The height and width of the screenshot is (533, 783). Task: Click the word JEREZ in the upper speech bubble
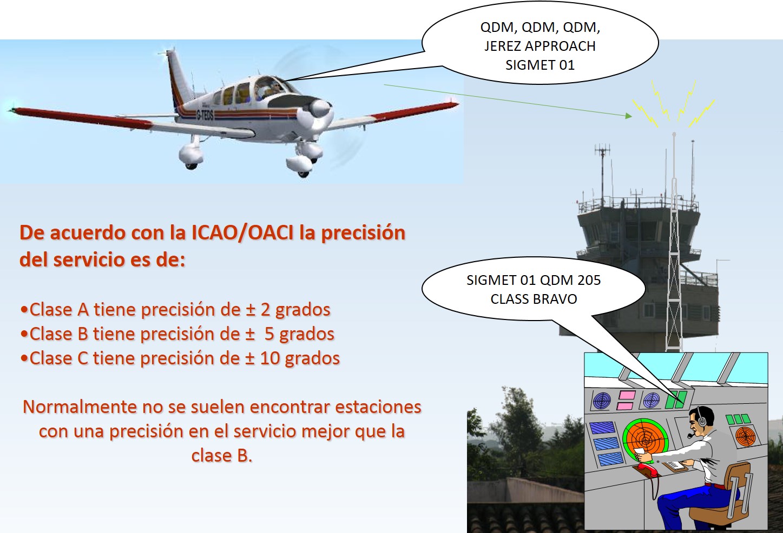[x=502, y=46]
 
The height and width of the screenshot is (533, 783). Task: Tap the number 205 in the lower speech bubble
[x=589, y=281]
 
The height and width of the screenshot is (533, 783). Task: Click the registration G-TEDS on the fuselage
[x=205, y=115]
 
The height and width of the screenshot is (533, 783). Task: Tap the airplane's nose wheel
[x=304, y=172]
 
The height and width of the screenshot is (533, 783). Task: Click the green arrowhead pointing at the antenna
[x=628, y=115]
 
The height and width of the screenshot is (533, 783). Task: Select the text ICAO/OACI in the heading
[x=243, y=233]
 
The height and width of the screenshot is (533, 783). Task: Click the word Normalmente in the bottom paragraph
[x=79, y=407]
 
